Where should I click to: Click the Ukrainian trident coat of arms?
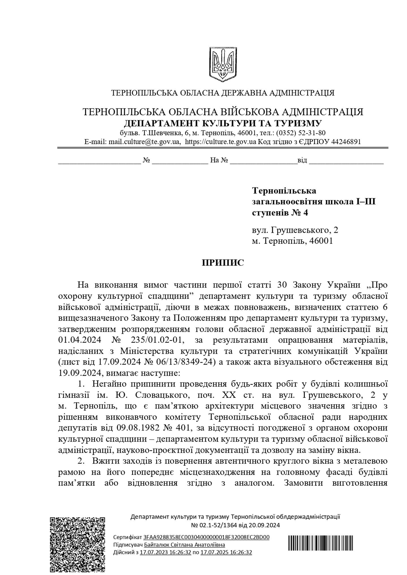click(223, 63)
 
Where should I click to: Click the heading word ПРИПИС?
click(223, 263)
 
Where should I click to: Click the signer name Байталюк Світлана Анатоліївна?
click(185, 545)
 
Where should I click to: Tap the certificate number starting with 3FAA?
click(206, 537)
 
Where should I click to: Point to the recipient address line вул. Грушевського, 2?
click(295, 230)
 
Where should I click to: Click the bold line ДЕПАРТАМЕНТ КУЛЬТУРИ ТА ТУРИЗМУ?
click(223, 123)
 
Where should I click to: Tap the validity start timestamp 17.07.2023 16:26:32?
click(165, 552)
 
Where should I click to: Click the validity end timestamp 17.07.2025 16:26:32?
click(226, 552)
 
